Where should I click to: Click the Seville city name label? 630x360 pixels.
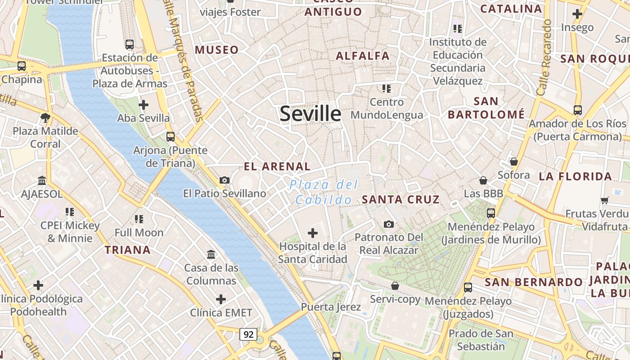tap(310, 113)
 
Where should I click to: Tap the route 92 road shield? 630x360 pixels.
tap(248, 334)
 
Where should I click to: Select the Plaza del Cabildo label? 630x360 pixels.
tap(324, 192)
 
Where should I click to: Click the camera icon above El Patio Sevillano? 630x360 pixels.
tap(224, 180)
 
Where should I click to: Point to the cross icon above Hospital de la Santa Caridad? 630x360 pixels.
tap(312, 233)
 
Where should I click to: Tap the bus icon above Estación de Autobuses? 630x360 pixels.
tap(130, 44)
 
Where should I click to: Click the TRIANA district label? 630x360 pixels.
tap(127, 250)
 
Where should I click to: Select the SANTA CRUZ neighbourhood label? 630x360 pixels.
tap(400, 199)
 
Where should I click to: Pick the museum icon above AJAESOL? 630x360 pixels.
tap(42, 180)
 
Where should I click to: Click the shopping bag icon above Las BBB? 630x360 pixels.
tap(483, 180)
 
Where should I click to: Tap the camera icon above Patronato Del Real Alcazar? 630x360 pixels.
tap(389, 224)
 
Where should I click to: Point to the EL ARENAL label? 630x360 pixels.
tap(277, 166)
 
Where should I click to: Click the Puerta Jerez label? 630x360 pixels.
tap(331, 307)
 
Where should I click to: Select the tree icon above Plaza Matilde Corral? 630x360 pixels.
tap(45, 118)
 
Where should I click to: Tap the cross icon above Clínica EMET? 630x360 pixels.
tap(221, 299)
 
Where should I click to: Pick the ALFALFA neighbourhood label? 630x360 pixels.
tap(363, 56)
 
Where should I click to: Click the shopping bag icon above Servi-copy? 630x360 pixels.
tap(395, 286)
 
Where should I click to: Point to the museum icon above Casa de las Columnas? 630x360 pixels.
tap(211, 255)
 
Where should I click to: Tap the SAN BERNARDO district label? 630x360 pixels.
tap(533, 282)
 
